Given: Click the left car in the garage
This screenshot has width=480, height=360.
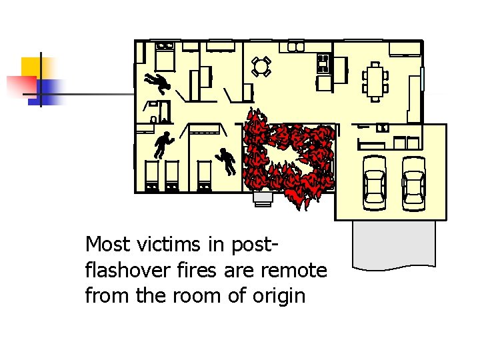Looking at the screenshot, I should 375,181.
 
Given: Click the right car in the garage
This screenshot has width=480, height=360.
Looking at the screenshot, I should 414,181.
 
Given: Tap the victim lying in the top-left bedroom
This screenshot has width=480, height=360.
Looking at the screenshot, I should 157,83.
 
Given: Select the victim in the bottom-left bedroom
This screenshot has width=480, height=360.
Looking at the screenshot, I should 163,145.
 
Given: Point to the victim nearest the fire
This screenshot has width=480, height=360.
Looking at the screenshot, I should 227,159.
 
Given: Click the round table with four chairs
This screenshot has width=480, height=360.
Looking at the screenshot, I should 261,65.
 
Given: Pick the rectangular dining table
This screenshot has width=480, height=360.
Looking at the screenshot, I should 375,81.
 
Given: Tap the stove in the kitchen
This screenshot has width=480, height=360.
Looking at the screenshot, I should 323,64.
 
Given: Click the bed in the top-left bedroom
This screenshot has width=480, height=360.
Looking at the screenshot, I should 165,56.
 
